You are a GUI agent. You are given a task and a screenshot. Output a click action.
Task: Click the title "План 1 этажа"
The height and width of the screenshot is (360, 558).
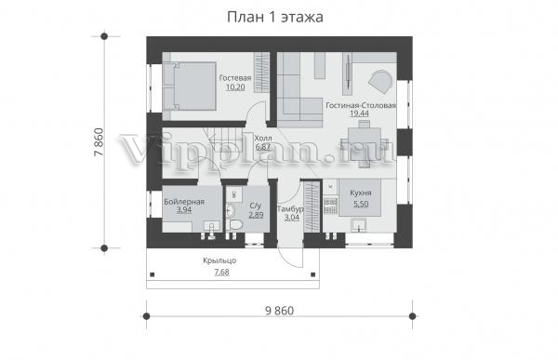[274, 18]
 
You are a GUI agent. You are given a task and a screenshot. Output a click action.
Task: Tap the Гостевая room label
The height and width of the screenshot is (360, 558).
[235, 78]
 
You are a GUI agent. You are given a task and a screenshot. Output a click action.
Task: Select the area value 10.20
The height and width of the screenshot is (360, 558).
[235, 87]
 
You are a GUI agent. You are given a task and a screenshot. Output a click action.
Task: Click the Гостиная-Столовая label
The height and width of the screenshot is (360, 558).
[361, 105]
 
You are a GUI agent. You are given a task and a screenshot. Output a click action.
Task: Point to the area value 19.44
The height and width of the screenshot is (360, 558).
[359, 113]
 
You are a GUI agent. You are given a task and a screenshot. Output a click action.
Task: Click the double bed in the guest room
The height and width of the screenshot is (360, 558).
[190, 87]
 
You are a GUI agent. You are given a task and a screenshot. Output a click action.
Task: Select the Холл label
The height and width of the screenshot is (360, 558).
[263, 139]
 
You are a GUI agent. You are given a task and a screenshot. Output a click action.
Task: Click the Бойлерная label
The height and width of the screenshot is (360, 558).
[184, 202]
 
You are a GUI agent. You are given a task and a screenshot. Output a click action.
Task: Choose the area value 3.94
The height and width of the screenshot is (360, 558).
[184, 210]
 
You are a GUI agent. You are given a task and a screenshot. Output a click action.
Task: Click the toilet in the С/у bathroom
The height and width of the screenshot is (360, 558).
[234, 225]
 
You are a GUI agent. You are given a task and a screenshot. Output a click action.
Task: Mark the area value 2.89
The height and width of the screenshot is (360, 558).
[257, 215]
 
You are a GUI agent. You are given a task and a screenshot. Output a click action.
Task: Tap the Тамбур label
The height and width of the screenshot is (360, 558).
[290, 209]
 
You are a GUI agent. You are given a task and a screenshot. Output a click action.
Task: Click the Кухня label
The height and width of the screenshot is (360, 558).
[361, 193]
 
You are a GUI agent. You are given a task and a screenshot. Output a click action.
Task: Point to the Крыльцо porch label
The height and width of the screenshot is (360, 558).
[219, 260]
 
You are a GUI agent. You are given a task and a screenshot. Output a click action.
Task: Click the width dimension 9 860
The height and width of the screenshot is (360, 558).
[279, 311]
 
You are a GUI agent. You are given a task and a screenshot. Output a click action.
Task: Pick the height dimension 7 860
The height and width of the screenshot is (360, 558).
[99, 142]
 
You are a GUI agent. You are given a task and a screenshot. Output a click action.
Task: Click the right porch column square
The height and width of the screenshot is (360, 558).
[313, 274]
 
